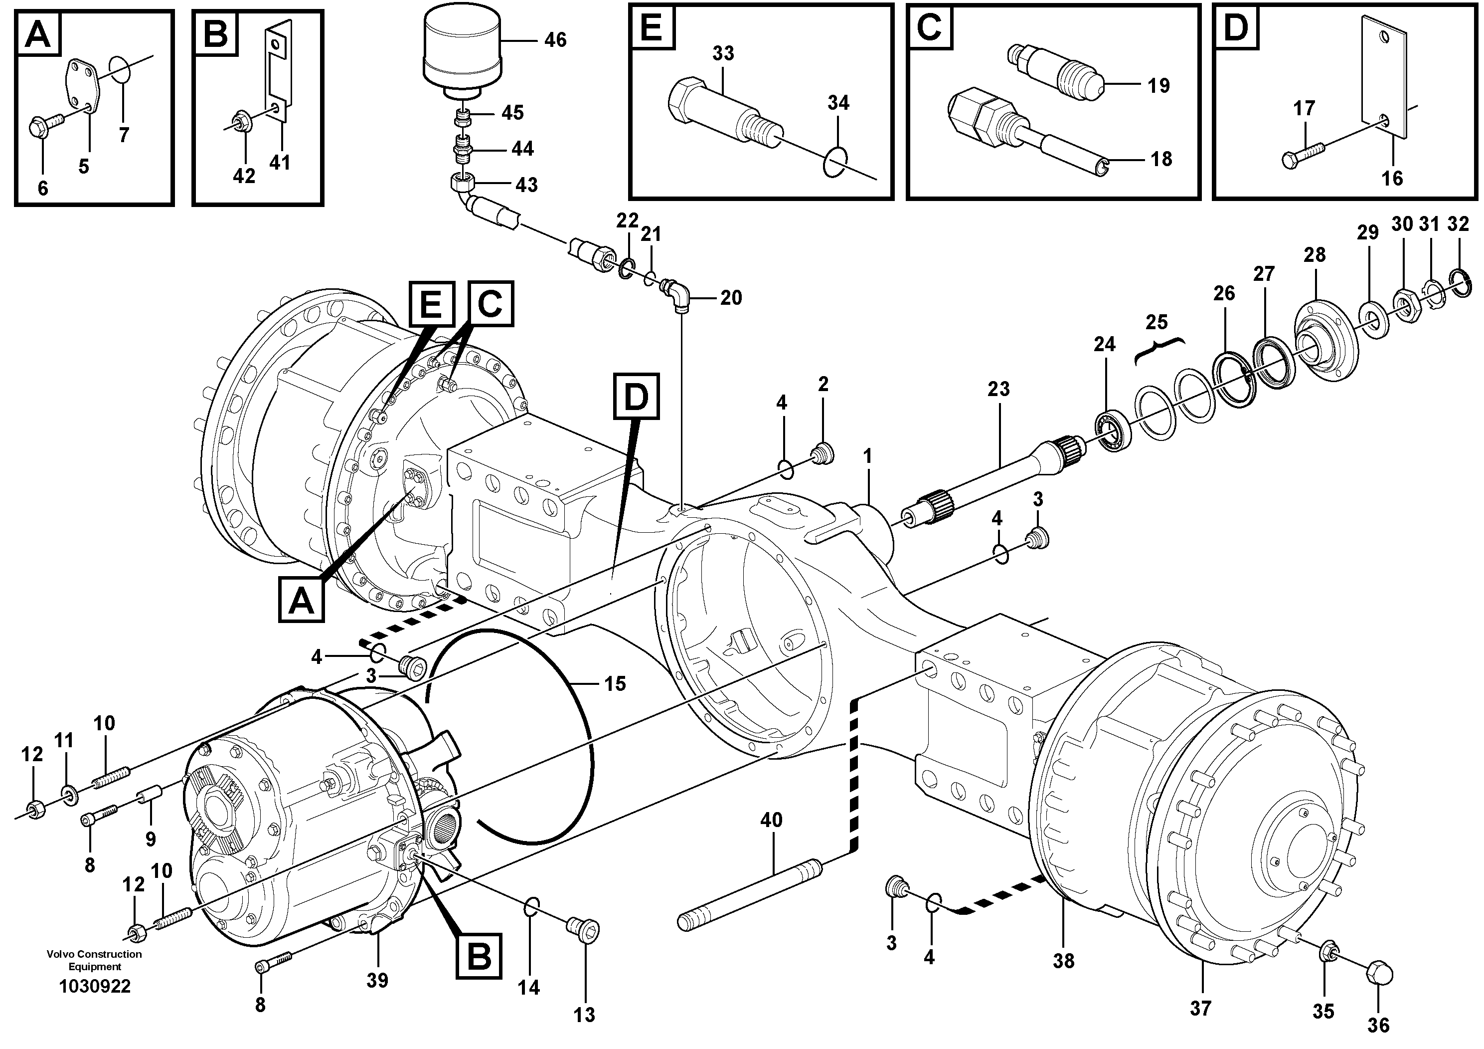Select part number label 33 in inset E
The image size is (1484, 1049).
(723, 53)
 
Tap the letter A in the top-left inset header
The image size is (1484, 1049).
(37, 33)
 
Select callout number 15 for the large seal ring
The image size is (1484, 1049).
(615, 683)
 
